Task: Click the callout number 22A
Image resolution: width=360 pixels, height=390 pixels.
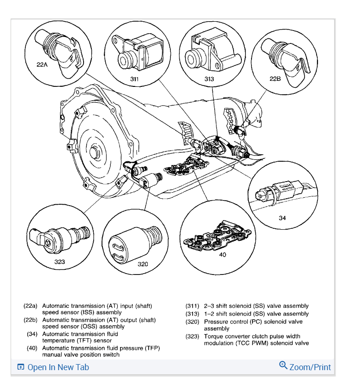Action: coord(42,65)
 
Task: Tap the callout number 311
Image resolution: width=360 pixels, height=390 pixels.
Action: coord(134,79)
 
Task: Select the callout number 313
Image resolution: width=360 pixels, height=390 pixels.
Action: coord(209,79)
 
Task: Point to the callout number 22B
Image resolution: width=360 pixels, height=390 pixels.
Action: coord(275,78)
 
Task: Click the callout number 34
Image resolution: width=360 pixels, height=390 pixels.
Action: coord(282,218)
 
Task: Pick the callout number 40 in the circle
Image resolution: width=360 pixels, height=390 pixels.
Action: coord(222,254)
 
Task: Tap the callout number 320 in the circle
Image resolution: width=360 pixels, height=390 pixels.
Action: coord(143,264)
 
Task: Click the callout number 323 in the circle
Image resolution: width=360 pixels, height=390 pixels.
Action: coord(60,262)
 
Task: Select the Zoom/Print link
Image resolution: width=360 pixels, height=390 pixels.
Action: coord(310,367)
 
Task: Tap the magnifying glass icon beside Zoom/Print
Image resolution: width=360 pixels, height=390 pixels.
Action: coord(283,366)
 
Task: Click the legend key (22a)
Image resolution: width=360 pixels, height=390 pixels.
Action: coord(30,306)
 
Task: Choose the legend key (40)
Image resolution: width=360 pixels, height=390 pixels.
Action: coord(32,348)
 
